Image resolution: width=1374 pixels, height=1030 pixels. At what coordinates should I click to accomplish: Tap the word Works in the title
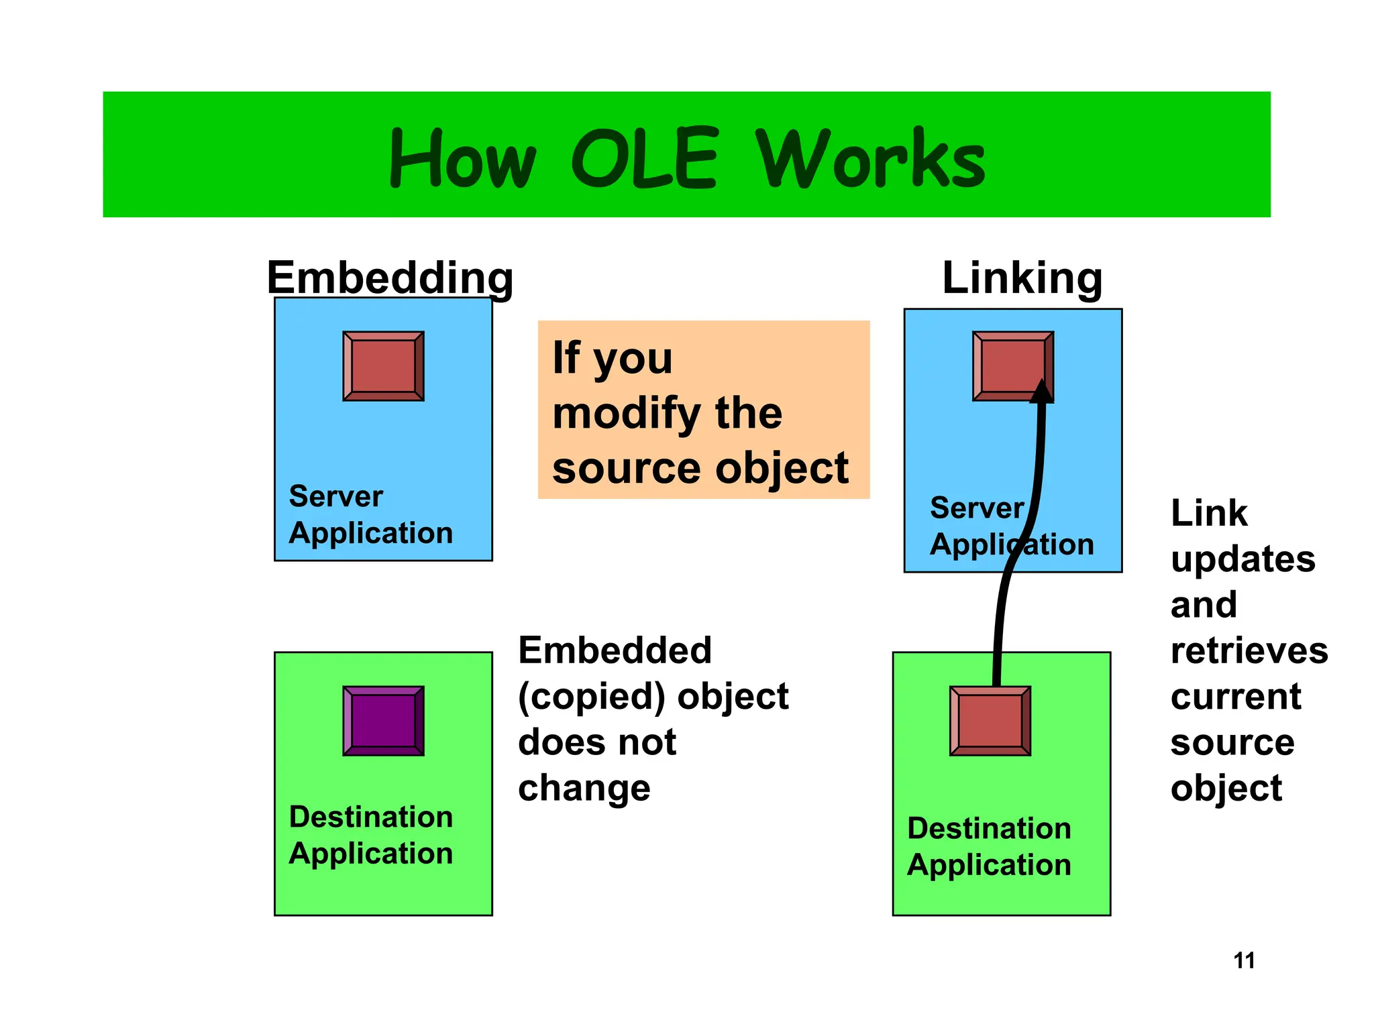[x=870, y=160]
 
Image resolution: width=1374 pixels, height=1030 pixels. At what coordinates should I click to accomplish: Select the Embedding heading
[x=390, y=278]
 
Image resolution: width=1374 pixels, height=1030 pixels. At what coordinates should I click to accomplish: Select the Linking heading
[x=1022, y=278]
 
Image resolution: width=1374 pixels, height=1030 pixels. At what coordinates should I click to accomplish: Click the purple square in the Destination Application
[x=383, y=721]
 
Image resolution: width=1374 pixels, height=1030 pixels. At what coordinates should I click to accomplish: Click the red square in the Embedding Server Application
[x=383, y=366]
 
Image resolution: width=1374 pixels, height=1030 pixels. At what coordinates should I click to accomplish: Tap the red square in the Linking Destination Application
[x=990, y=721]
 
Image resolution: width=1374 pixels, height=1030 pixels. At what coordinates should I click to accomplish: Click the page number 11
[x=1244, y=960]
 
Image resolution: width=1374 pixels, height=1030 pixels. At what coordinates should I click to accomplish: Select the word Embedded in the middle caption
[x=615, y=650]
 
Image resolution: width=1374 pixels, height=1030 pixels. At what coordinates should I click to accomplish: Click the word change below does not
[x=584, y=788]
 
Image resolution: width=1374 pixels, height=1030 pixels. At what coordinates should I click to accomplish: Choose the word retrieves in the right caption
[x=1249, y=651]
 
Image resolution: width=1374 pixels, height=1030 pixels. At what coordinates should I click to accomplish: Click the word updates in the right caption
[x=1243, y=559]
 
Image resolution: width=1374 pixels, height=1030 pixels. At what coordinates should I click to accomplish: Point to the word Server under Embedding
[x=335, y=497]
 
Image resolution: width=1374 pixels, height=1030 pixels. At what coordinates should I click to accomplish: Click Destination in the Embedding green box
[x=370, y=817]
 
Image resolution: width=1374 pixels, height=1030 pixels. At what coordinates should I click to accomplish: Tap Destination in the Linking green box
[x=989, y=829]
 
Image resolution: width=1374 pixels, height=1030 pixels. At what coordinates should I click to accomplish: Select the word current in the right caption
[x=1235, y=697]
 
